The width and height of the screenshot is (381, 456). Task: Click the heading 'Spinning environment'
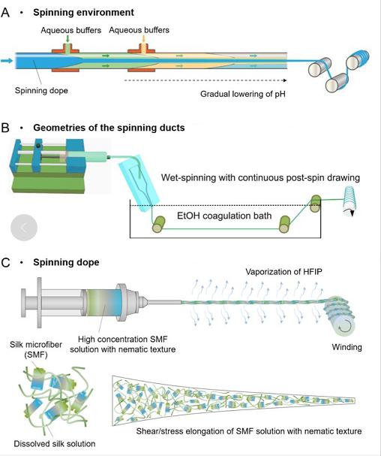pyautogui.click(x=83, y=13)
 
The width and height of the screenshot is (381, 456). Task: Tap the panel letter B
pyautogui.click(x=5, y=128)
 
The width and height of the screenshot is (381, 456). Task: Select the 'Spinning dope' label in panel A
pyautogui.click(x=41, y=90)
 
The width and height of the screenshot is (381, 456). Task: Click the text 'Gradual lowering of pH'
pyautogui.click(x=243, y=94)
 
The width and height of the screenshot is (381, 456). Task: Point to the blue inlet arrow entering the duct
pyautogui.click(x=7, y=61)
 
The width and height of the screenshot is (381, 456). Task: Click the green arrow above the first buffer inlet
pyautogui.click(x=67, y=39)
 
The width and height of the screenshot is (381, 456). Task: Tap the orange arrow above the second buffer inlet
pyautogui.click(x=143, y=39)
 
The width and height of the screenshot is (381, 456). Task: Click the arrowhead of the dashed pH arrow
pyautogui.click(x=285, y=80)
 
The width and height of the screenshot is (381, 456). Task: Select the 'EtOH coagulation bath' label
pyautogui.click(x=224, y=216)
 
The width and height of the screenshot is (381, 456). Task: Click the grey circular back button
pyautogui.click(x=24, y=228)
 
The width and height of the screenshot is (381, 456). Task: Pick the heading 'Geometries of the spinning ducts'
pyautogui.click(x=109, y=128)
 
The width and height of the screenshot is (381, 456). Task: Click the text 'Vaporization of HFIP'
pyautogui.click(x=283, y=272)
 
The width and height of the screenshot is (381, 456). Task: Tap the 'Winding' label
pyautogui.click(x=346, y=347)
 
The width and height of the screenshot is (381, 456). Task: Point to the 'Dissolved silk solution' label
pyautogui.click(x=55, y=444)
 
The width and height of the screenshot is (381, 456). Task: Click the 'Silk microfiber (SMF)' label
pyautogui.click(x=36, y=349)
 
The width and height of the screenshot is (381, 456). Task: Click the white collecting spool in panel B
pyautogui.click(x=349, y=200)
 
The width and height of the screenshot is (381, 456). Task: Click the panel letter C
pyautogui.click(x=5, y=263)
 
